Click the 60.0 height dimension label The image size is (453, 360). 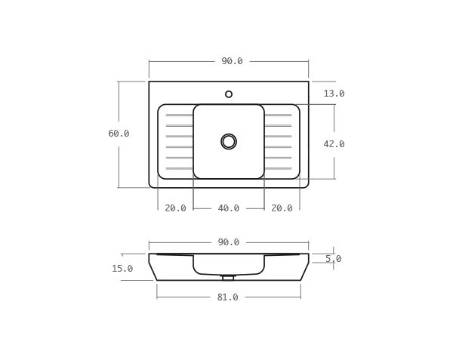119,134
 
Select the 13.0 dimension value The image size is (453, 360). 334,94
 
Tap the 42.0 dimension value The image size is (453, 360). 334,144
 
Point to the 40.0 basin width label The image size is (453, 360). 229,208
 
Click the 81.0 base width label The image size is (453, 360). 228,297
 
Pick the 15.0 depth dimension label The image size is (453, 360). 122,269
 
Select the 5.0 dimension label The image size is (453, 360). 333,259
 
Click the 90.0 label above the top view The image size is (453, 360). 232,61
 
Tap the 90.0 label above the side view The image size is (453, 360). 229,242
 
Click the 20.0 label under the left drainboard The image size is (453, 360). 175,208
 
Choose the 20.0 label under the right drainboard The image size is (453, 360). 282,208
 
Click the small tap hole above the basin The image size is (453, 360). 229,94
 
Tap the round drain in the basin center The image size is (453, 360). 229,141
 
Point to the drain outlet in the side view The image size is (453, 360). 228,278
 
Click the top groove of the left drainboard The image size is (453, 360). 179,115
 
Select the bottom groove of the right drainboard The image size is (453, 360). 278,168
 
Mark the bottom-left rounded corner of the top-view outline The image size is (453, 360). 152,185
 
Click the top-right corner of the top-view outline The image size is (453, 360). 308,82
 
